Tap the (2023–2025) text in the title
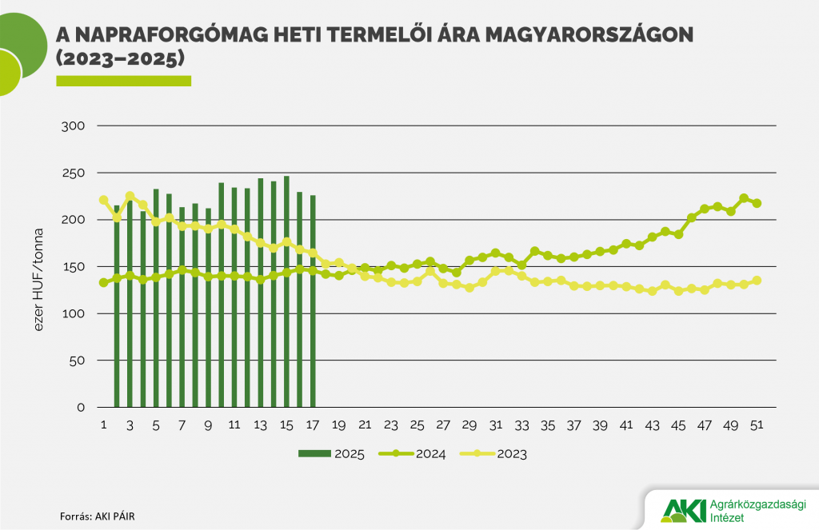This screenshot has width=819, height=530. pos(120,58)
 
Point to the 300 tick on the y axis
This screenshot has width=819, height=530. pos(74,126)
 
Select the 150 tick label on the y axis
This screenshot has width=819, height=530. pos(74,266)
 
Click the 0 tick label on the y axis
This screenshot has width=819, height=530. pos(80,407)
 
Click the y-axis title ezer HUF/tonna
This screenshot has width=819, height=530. pos(38,267)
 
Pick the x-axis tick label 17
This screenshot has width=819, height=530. pos(313,424)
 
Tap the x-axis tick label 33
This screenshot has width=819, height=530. pos(522,424)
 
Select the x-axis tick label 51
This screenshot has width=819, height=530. pos(757,424)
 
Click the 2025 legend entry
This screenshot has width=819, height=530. pos(331,454)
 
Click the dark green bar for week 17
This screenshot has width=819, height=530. pos(313,304)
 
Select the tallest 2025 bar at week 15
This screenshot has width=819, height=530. pos(286,292)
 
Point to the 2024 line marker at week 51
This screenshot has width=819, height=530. pos(757,203)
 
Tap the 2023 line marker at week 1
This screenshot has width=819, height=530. pos(103,200)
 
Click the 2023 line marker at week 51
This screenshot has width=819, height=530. pos(757,281)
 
